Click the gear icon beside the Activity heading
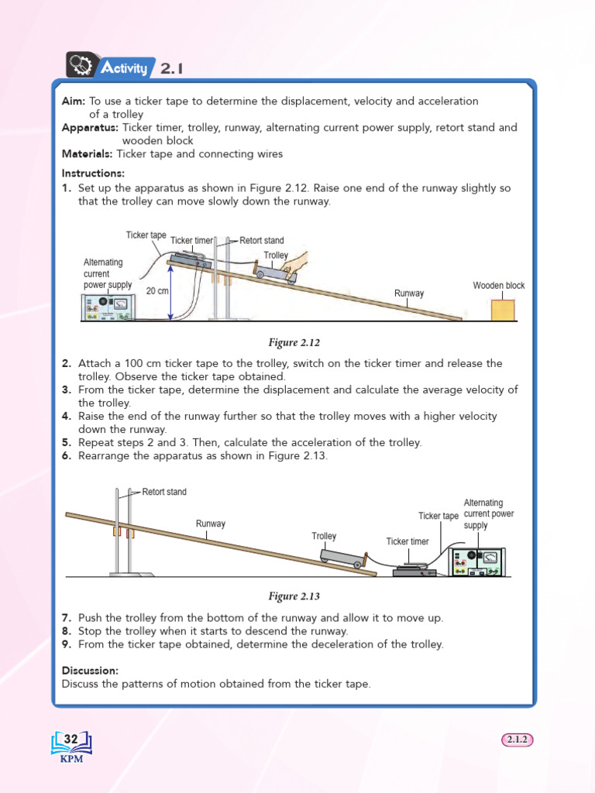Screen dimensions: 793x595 pos(81,66)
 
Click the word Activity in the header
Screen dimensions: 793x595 pos(124,69)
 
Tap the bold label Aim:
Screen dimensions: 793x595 pos(74,101)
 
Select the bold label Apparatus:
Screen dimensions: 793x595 pos(90,127)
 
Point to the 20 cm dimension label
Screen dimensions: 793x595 pos(157,292)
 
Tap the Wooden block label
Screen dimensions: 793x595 pos(498,286)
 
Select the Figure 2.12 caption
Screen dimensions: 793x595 pos(294,342)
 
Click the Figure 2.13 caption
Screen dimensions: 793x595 pos(294,596)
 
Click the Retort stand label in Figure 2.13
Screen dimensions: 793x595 pos(163,492)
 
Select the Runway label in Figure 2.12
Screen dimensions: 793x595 pos(409,294)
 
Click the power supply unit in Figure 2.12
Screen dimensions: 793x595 pos(108,306)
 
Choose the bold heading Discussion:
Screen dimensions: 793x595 pos(90,670)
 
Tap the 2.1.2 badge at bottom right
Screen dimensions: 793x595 pos(517,740)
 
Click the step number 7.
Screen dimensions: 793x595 pos(67,618)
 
